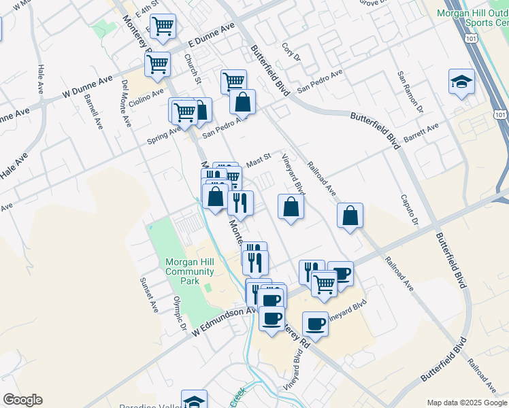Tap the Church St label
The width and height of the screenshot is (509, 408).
[x=193, y=69]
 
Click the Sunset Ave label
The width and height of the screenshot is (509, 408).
[x=149, y=294]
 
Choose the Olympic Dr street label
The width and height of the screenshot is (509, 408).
[x=180, y=313]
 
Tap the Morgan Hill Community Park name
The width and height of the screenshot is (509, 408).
[x=190, y=271]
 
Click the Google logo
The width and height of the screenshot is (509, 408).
[x=22, y=400]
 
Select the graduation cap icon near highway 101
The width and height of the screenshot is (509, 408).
[x=461, y=82]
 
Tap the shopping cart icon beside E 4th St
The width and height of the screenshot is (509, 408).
[x=163, y=27]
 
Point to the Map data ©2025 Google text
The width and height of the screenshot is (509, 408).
[x=466, y=403]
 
